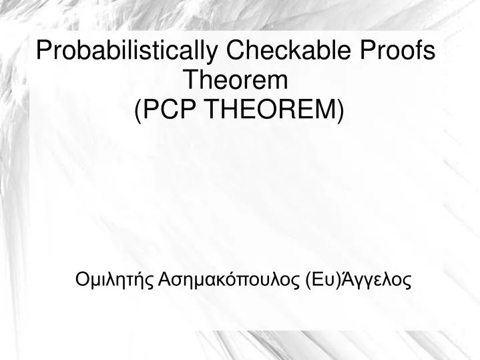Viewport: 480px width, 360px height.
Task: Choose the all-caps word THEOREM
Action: tap(269, 109)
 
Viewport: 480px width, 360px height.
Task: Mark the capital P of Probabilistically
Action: tap(43, 51)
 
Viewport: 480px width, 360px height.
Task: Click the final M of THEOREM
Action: tap(328, 109)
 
